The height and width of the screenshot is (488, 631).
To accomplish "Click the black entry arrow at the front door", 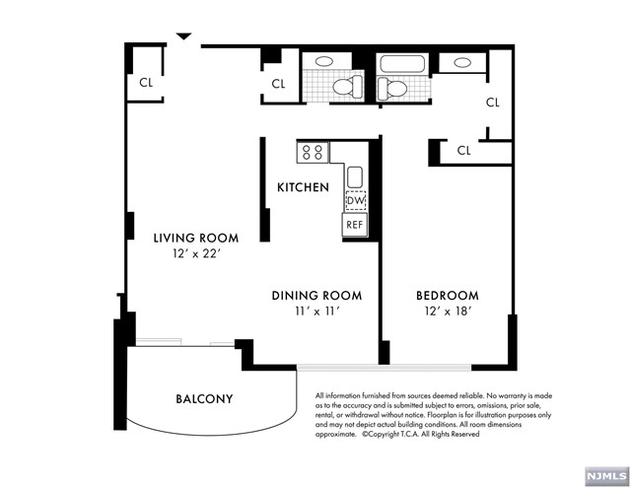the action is click(184, 36).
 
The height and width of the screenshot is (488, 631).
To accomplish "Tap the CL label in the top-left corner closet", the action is click(146, 83).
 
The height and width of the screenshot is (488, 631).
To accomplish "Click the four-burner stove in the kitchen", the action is click(313, 153).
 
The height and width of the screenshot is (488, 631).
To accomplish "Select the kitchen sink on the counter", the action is click(355, 177).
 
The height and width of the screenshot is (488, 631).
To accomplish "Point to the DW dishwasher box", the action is click(356, 200).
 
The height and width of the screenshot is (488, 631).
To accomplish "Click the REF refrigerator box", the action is click(355, 225).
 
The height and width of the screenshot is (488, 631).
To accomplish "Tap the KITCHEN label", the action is click(303, 187).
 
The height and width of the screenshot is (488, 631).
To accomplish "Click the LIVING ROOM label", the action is click(196, 238).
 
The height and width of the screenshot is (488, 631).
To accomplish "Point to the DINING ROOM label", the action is click(316, 296).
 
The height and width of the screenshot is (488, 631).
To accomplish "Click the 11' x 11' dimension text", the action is click(317, 312).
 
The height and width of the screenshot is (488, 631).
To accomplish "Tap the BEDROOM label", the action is click(448, 296).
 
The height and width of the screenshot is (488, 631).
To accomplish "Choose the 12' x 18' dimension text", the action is click(448, 311).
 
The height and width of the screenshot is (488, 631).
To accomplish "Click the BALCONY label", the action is click(204, 398).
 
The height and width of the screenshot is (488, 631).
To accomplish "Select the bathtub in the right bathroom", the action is click(402, 64).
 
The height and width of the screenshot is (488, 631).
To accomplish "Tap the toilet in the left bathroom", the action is click(348, 87).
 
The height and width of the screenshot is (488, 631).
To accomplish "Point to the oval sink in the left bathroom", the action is click(324, 61).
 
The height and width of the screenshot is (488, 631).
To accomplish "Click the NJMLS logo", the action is click(607, 476).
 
